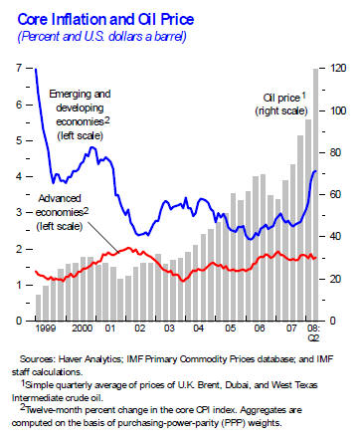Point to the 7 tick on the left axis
pyautogui.click(x=20, y=68)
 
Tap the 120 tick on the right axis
pyautogui.click(x=338, y=68)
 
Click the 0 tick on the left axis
pyautogui.click(x=20, y=321)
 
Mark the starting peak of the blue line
pyautogui.click(x=36, y=69)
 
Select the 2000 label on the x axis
pyautogui.click(x=82, y=328)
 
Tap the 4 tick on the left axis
pyautogui.click(x=20, y=176)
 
